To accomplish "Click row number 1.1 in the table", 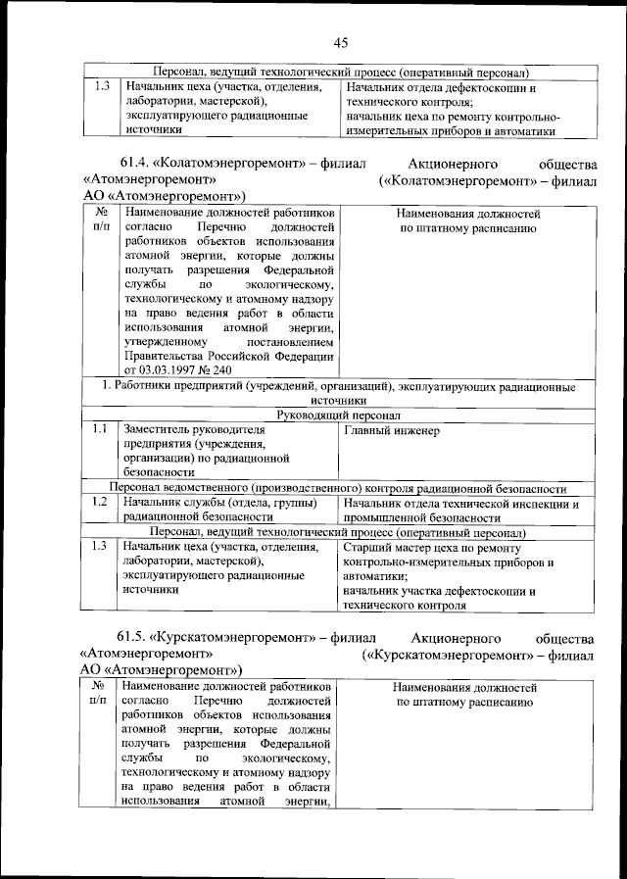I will coord(98,430).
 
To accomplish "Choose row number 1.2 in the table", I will coord(98,503).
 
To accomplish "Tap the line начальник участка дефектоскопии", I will coord(441,591).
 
